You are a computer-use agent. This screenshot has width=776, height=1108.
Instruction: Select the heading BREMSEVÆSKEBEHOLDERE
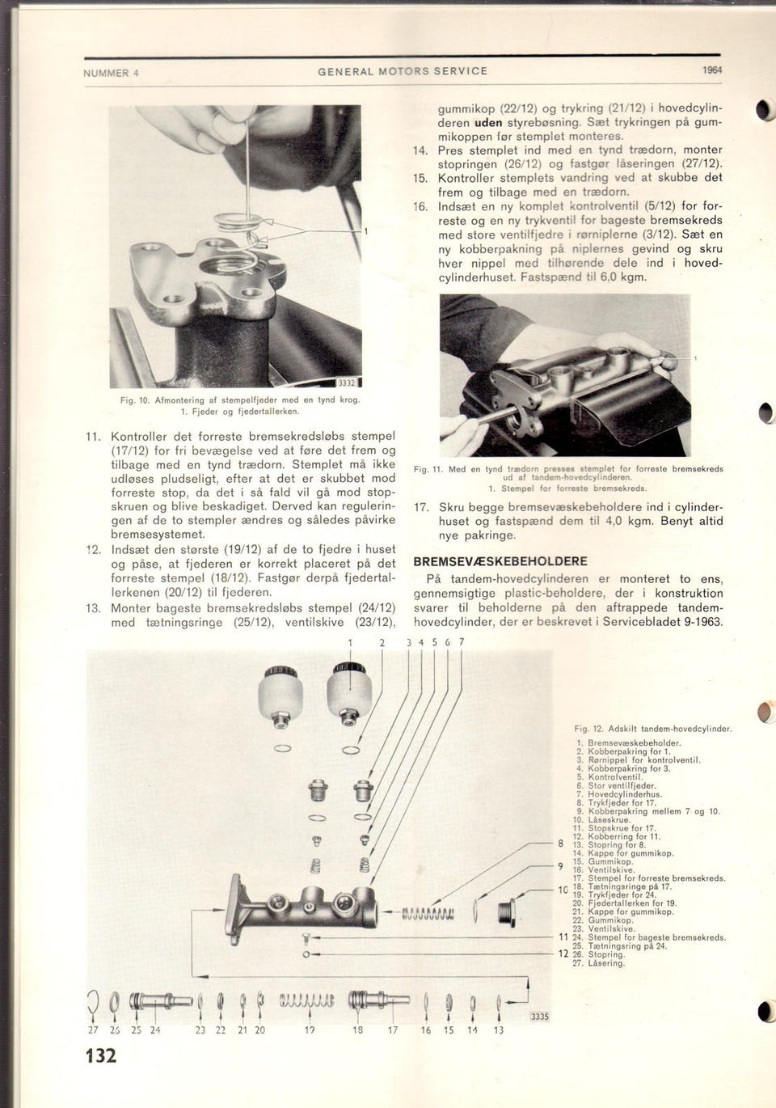click(500, 561)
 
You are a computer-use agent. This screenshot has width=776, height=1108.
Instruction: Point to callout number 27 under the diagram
click(92, 1030)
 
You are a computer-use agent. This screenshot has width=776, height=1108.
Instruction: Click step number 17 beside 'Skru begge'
click(420, 507)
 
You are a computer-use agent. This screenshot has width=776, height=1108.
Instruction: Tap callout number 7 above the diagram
click(462, 642)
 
